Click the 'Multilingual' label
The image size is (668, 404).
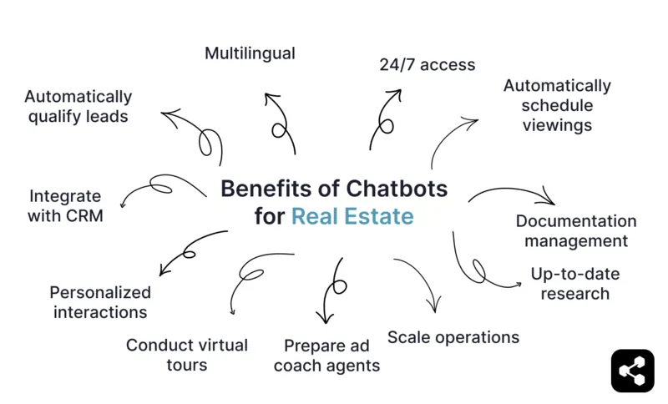(250, 53)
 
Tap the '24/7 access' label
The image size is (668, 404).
(427, 64)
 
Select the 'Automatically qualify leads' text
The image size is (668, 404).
(78, 107)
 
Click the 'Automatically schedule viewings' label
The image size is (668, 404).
(557, 105)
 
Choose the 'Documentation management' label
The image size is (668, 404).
(575, 231)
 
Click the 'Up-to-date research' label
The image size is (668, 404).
(574, 283)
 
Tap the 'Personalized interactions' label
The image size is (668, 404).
(100, 302)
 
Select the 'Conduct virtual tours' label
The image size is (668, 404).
(187, 355)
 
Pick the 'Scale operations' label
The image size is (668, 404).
(453, 337)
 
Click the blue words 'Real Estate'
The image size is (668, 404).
(352, 217)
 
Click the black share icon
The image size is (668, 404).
(632, 370)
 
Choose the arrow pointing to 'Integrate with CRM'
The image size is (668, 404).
(159, 187)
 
